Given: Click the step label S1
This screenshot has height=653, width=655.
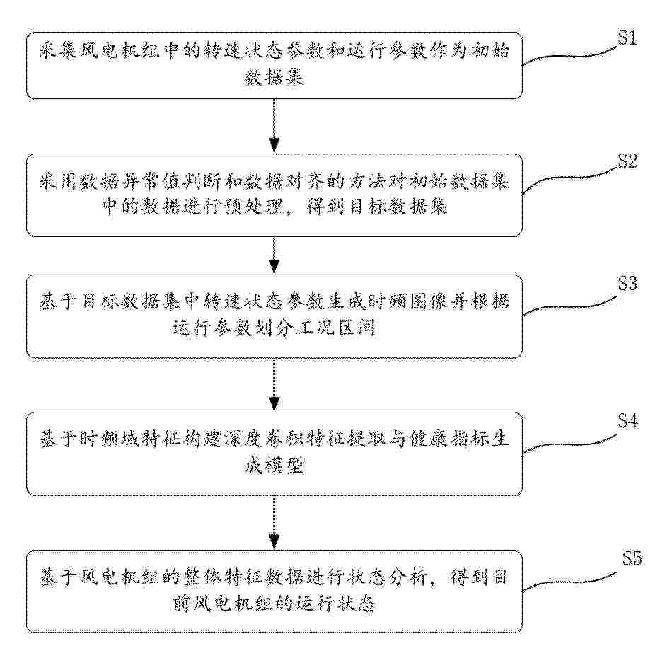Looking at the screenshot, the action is coord(627,38).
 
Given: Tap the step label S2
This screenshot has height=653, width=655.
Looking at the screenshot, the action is coord(628,161).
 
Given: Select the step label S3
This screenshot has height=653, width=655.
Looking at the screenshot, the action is coord(628,284).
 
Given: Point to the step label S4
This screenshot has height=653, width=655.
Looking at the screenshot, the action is coord(628,421).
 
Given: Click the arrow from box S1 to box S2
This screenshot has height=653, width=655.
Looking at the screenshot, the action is coord(274,126).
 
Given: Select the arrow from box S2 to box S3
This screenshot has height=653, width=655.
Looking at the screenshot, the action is coord(274,255).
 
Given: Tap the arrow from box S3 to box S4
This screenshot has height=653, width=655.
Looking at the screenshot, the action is coord(274,385).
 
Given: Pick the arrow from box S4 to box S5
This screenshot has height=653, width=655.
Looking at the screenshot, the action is coord(274,523).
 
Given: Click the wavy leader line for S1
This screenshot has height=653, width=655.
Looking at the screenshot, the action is coord(570,56).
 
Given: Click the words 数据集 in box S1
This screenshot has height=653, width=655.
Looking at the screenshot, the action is coord(274,77).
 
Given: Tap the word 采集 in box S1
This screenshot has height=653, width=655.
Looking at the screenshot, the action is coord(57,51).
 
